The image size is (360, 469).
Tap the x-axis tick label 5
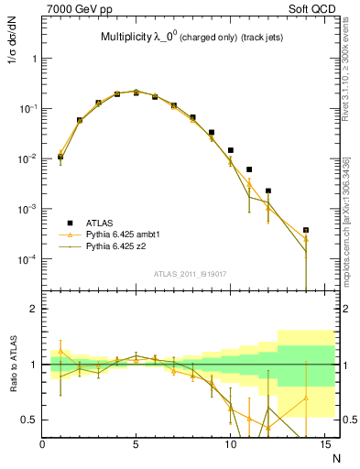[x=136, y=443]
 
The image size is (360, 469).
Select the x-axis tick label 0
[x=43, y=443]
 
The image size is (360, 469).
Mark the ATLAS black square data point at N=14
[x=306, y=230]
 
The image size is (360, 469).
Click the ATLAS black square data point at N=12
[x=268, y=191]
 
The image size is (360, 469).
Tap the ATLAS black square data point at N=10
[x=231, y=149]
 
